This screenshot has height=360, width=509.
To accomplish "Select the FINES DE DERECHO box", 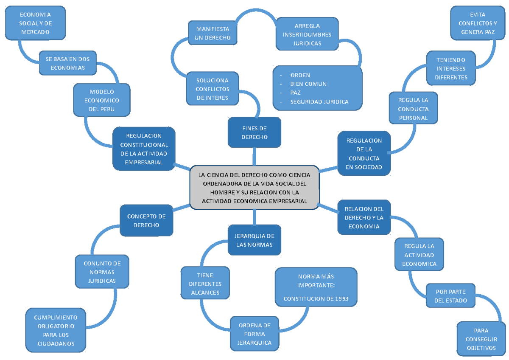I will tap(255, 132).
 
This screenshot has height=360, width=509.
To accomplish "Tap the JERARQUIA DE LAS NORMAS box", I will tap(255, 240).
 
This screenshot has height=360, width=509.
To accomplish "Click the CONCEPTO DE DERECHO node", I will tap(146, 221).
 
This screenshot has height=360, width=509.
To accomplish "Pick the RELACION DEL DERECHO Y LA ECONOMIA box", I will tap(364, 217).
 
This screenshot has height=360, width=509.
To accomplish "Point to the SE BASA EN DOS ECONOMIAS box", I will tap(68, 63).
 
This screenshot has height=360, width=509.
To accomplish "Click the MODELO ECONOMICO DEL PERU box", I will tap(102, 100).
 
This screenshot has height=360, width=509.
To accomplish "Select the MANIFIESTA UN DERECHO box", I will tap(213, 33).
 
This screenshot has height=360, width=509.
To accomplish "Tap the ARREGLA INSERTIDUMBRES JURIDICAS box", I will tap(307, 34).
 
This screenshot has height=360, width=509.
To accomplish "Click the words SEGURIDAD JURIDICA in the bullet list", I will tap(319, 101).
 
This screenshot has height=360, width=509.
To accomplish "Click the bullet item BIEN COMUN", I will tap(308, 84).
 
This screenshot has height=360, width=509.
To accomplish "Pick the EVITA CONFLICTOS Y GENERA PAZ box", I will tap(478, 23).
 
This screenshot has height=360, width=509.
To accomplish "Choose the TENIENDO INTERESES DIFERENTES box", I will tap(451, 68).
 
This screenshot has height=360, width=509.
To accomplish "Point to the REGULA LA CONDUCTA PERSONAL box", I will tap(413, 109).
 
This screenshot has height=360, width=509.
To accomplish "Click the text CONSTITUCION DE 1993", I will tap(316, 299).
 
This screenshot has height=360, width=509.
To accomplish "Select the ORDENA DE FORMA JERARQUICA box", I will tap(255, 334).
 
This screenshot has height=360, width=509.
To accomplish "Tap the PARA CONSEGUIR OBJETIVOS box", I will tap(481, 339).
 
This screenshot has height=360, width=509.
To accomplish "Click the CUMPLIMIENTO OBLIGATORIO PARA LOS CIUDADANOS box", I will tap(56, 330).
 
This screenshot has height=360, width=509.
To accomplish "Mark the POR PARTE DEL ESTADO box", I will tap(450, 296).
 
